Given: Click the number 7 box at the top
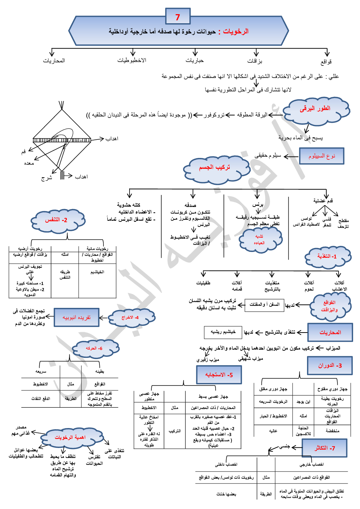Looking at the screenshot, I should (178, 17).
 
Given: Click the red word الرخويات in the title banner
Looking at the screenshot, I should (236, 32).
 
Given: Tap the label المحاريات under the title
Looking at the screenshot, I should (54, 61).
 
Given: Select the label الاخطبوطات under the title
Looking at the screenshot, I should (131, 60).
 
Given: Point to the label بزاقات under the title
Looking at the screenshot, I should (255, 61).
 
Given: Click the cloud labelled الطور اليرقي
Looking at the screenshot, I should (315, 109).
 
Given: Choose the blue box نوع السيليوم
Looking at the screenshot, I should (322, 156).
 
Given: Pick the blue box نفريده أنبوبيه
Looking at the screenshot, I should (77, 318).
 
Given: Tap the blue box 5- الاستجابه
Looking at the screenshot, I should (219, 375).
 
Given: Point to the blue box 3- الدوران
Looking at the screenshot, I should (330, 366).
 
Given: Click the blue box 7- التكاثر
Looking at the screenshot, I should (324, 448).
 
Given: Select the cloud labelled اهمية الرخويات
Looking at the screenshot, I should (70, 437).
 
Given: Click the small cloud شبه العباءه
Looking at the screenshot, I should (259, 239).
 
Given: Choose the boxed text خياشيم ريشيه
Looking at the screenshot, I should (223, 332).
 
